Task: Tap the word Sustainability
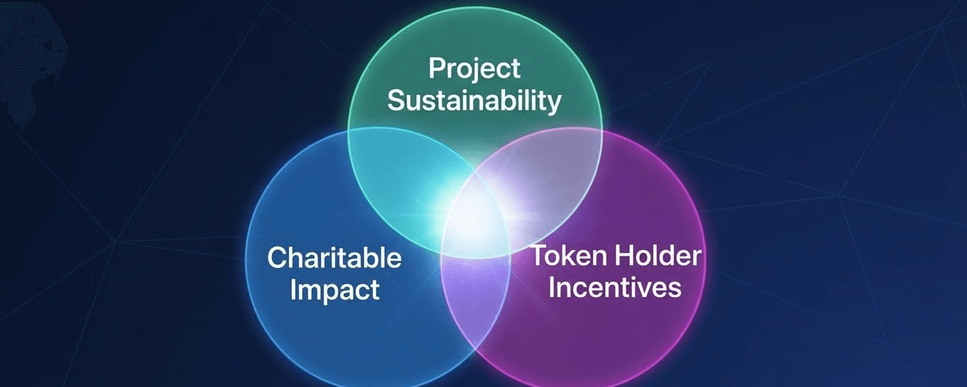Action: (x=475, y=101)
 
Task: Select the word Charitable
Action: (x=334, y=257)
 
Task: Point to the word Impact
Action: (x=334, y=291)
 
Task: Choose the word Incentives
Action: (x=615, y=287)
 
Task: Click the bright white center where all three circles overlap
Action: (x=475, y=220)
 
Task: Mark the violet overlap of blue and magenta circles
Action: (x=475, y=298)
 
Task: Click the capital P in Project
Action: (x=437, y=68)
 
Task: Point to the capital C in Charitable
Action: (x=278, y=257)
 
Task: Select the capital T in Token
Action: (x=541, y=255)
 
